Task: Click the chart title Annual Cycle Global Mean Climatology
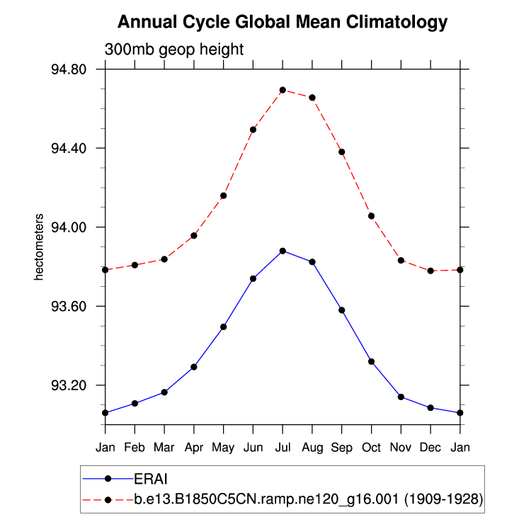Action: (283, 23)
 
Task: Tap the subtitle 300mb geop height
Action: (174, 50)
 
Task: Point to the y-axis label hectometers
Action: (40, 246)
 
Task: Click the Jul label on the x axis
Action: (283, 448)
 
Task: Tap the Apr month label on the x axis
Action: (193, 448)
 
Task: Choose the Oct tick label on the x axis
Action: (371, 448)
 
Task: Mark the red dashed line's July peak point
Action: (283, 90)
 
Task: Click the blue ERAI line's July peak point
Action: (283, 251)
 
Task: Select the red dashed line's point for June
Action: (253, 130)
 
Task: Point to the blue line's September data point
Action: (342, 310)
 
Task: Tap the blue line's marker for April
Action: (193, 367)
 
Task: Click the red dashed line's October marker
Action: (371, 216)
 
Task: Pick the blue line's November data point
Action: (401, 397)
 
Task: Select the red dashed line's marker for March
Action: (164, 259)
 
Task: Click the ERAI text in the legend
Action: (151, 478)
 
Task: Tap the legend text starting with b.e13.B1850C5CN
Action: (308, 499)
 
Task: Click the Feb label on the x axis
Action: (135, 448)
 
